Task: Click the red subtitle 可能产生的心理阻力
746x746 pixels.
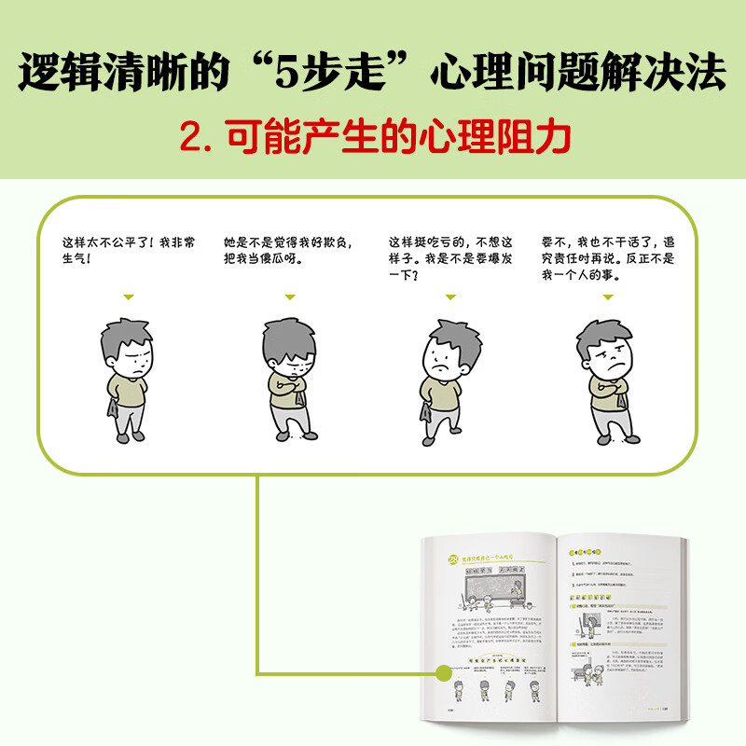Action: pyautogui.click(x=373, y=137)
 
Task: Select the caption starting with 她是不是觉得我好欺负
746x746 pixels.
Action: pyautogui.click(x=284, y=251)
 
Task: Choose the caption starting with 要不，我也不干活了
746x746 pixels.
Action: pyautogui.click(x=609, y=258)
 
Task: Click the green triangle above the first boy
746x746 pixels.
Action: pyautogui.click(x=129, y=297)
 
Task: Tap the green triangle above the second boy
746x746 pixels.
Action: pyautogui.click(x=290, y=297)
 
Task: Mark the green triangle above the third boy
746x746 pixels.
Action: pyautogui.click(x=451, y=297)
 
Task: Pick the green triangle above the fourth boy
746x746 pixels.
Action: pyautogui.click(x=608, y=297)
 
